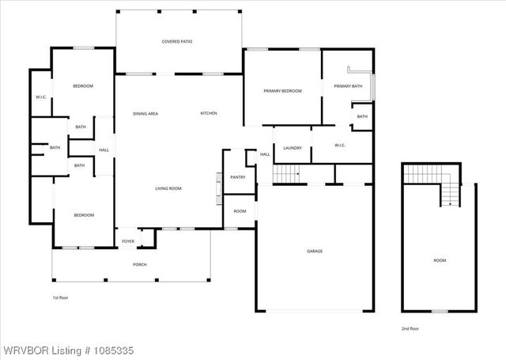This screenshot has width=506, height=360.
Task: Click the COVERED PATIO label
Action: coord(177,41)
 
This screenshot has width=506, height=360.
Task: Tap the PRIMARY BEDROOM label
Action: coord(282,92)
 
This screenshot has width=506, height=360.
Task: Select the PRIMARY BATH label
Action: coord(347,86)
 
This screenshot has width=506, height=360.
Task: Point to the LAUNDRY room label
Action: coord(292,148)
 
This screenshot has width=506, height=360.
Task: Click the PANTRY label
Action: coord(237,177)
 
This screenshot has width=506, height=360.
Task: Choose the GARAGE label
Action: coord(315,252)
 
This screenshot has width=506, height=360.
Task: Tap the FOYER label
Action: coord(127,241)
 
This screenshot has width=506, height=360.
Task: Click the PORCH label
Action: coord(140,264)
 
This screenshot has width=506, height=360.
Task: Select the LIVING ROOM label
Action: coord(168,188)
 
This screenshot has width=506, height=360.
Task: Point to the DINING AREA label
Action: coord(145,114)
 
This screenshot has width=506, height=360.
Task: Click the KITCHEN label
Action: coord(209,114)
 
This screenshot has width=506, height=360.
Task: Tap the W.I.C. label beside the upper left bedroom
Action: coord(42,97)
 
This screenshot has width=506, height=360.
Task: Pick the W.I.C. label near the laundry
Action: coord(341,146)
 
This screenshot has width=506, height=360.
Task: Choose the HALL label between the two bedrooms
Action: coord(104,150)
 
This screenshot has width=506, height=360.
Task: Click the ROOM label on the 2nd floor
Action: coord(439,260)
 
